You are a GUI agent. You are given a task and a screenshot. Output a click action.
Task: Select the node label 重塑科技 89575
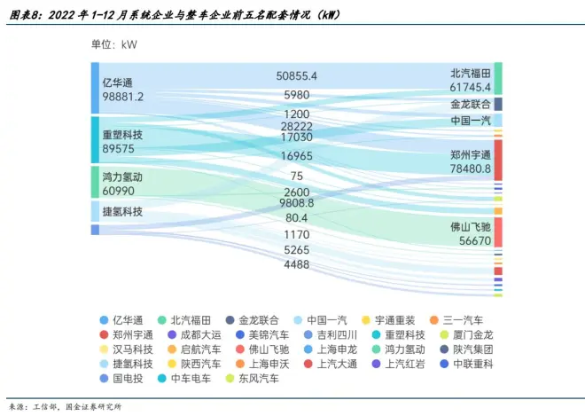click(122, 141)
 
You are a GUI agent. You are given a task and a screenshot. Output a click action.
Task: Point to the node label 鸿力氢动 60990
click(122, 184)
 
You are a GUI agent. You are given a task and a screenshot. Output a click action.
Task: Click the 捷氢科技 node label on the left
click(122, 211)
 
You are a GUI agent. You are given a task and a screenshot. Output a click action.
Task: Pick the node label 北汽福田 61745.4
click(470, 79)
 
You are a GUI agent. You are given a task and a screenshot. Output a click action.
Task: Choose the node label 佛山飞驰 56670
click(470, 233)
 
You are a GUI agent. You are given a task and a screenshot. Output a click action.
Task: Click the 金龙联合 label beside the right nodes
click(470, 104)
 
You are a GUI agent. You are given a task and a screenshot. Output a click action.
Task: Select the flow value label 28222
click(296, 127)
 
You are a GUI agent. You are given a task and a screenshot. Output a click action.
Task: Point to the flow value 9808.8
click(296, 202)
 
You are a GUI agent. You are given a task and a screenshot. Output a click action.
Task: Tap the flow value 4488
click(296, 264)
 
